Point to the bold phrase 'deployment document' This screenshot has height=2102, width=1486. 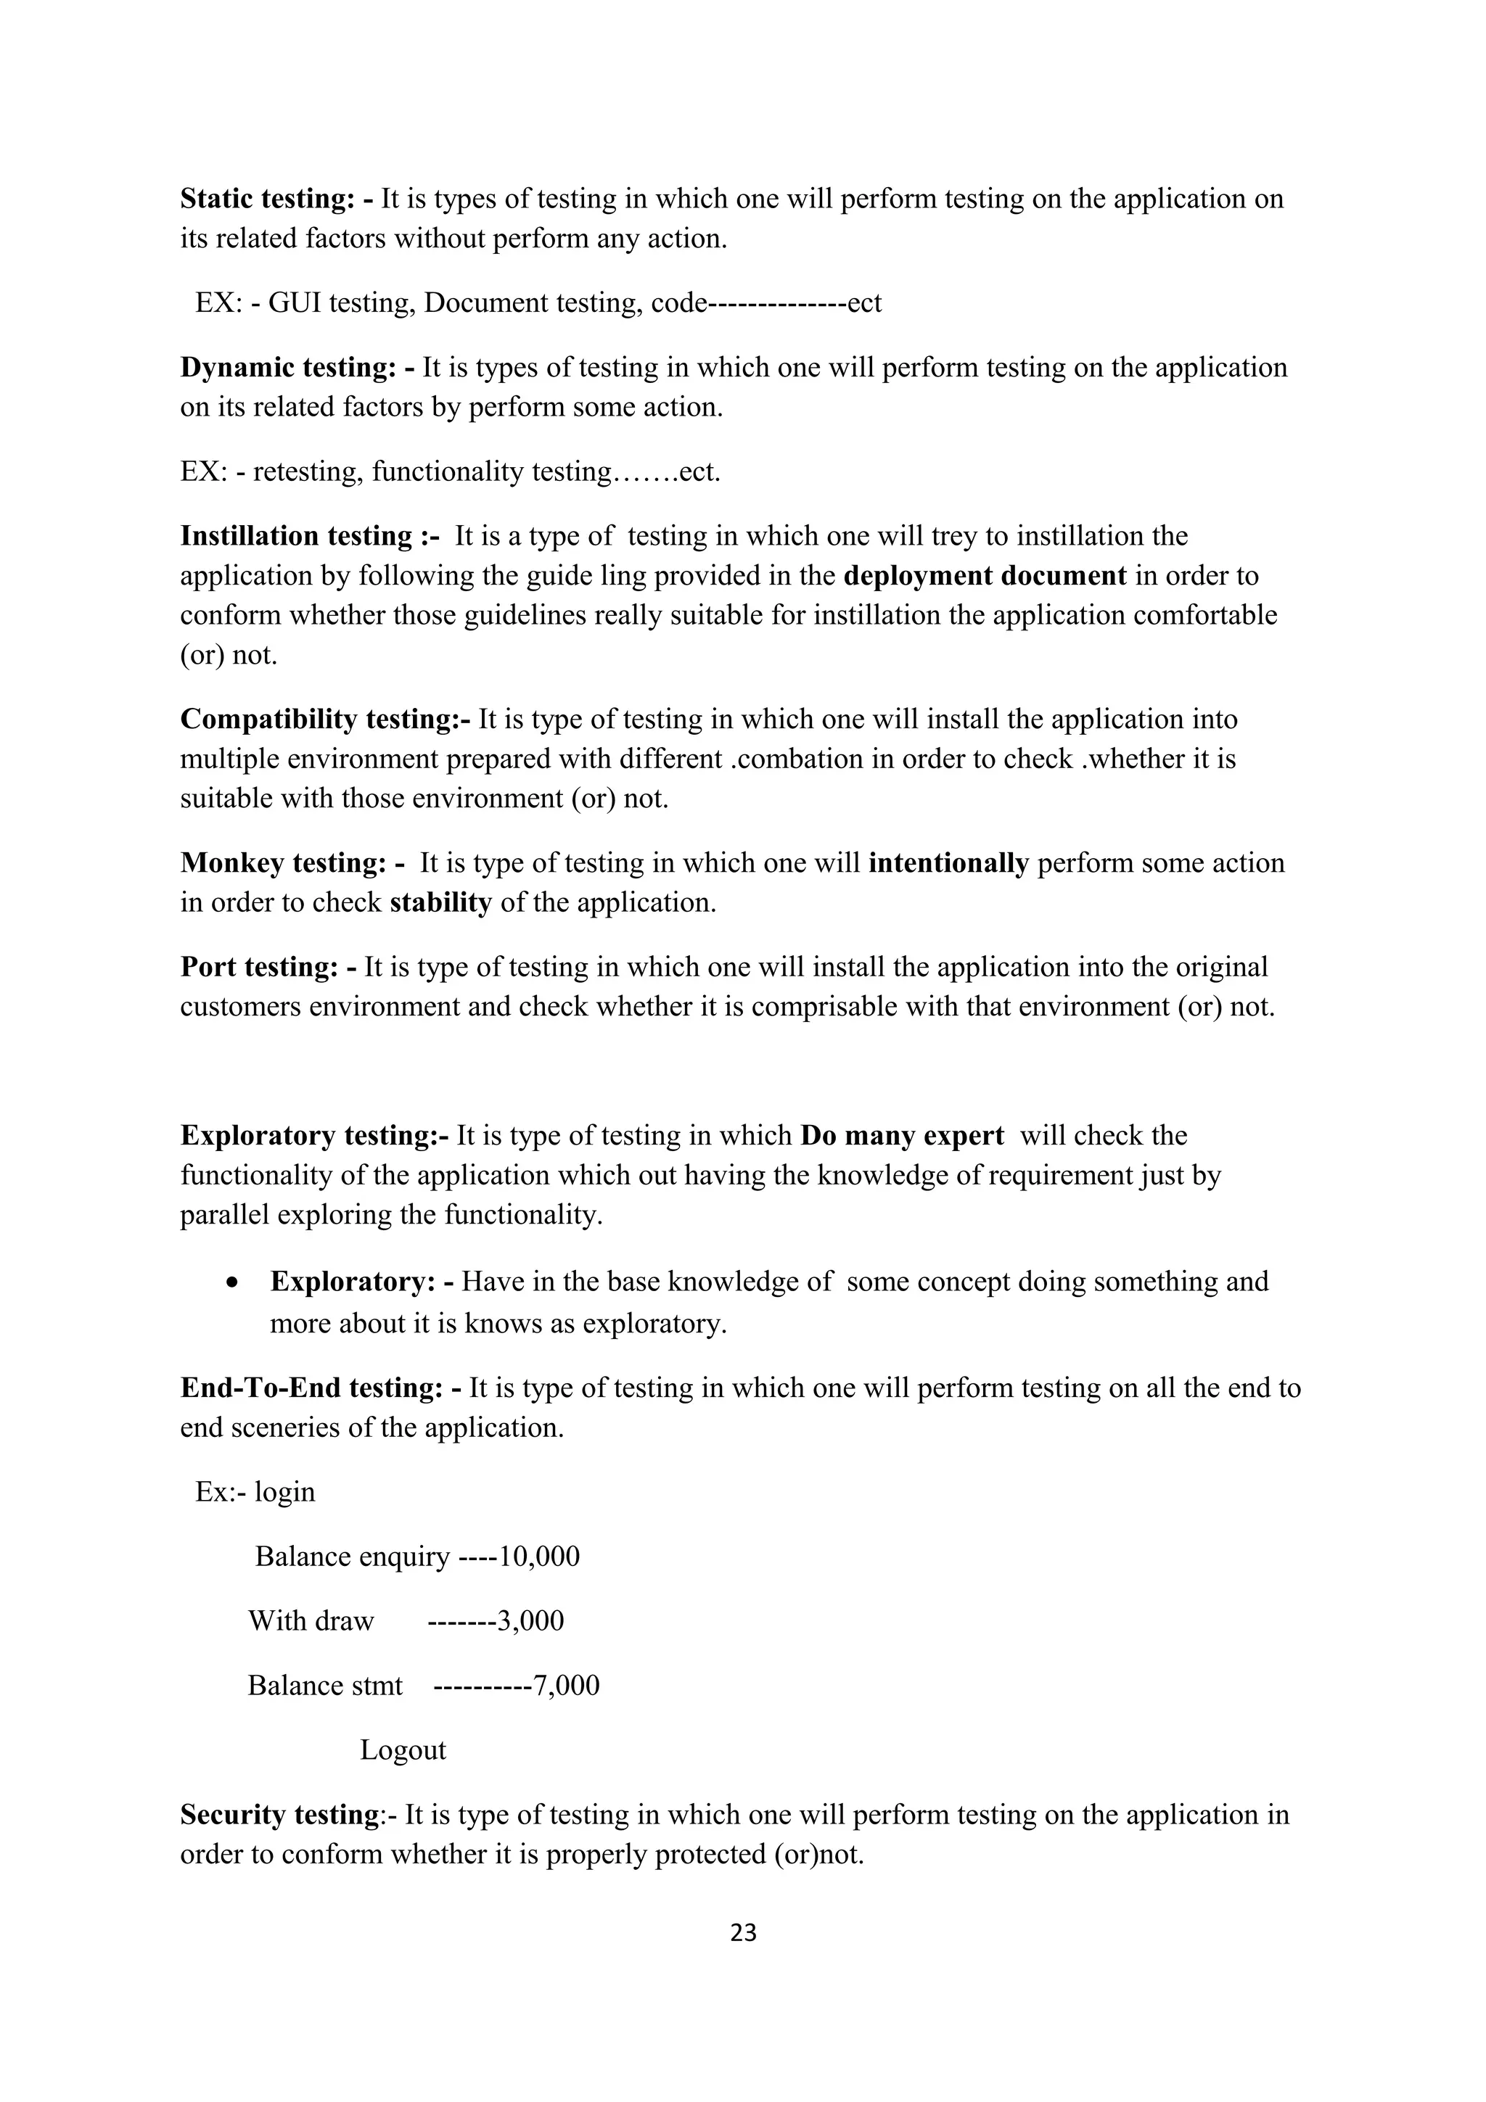tap(985, 576)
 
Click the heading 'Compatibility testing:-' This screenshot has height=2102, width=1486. tap(325, 720)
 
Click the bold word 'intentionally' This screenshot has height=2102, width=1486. tap(948, 862)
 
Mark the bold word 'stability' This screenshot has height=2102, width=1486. tap(440, 903)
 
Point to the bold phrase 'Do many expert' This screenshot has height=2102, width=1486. tap(902, 1135)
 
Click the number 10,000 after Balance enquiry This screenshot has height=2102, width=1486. tap(539, 1557)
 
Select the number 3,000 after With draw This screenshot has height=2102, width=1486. tap(530, 1620)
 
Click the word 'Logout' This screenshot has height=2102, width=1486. tap(403, 1749)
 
